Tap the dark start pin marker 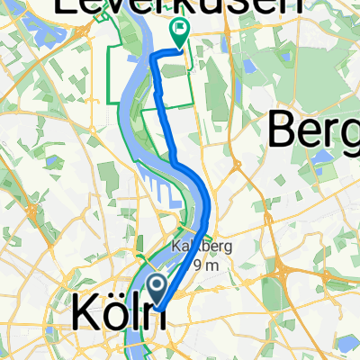point(156,290)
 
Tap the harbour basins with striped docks point(153,193)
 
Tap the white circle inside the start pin point(156,286)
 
